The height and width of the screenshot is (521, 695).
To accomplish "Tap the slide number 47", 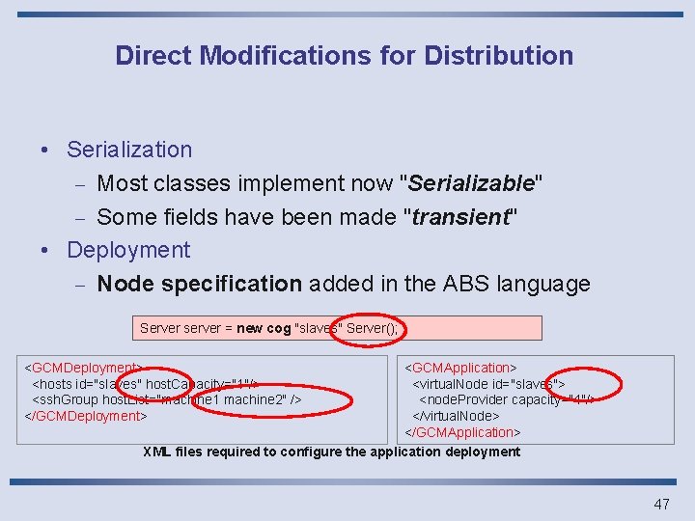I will [661, 504].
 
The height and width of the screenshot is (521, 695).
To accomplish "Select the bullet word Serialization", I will [129, 150].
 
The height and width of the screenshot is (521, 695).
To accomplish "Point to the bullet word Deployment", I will [128, 250].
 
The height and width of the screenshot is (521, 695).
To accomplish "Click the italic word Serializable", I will [473, 183].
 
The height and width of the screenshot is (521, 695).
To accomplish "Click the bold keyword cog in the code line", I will [278, 328].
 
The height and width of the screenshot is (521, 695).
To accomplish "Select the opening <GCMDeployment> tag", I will [83, 368].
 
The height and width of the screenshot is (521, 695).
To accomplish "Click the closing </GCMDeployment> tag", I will [85, 416].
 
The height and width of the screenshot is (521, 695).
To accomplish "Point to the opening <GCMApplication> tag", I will [460, 368].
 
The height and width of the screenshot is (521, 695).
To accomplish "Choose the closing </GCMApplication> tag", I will [462, 432].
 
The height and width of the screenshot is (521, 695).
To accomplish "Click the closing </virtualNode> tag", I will [457, 416].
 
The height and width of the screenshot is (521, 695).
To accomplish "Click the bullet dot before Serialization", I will [45, 151].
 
